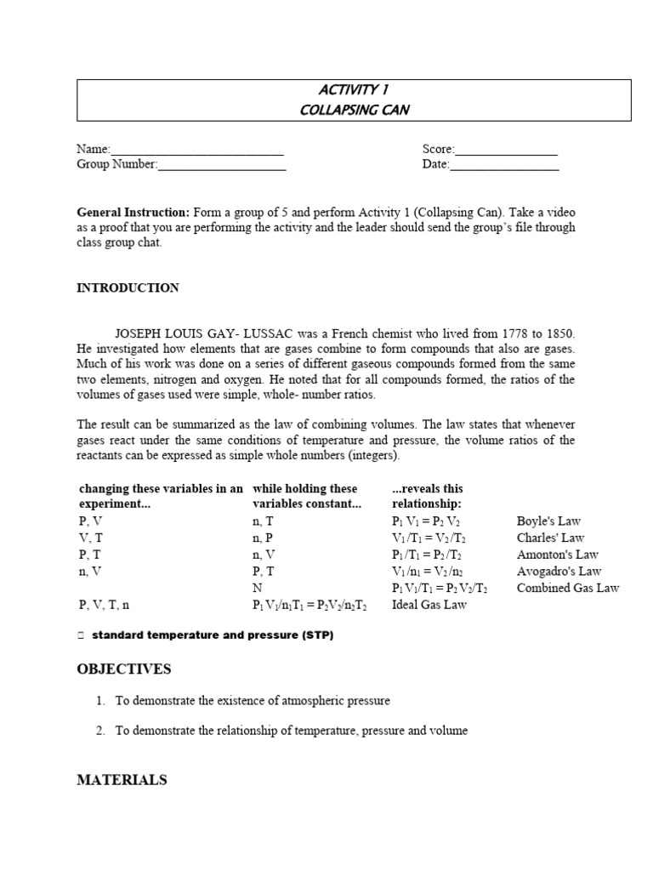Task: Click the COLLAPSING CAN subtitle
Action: point(354,109)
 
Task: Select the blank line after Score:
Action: point(506,151)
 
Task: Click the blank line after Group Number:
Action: point(222,166)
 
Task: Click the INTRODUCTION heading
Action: point(128,288)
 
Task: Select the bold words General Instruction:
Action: point(133,212)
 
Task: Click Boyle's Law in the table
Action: point(548,521)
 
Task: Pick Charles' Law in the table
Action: point(550,538)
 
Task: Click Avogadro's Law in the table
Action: point(559,572)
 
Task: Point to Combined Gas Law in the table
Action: point(567,588)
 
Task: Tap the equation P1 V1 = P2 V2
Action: point(426,521)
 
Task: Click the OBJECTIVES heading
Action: point(124,669)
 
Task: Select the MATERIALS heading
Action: point(122,780)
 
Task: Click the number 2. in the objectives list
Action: point(100,731)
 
